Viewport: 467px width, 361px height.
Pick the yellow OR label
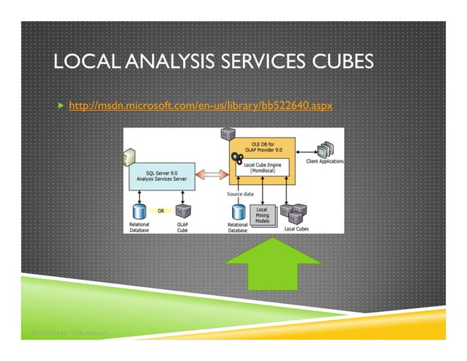pos(160,209)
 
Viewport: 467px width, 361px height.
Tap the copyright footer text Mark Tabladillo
pos(69,335)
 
